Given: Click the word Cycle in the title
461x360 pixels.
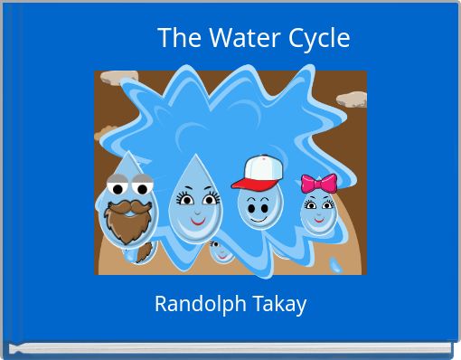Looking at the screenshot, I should click(319, 38).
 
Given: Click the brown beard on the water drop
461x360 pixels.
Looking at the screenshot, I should click(128, 222).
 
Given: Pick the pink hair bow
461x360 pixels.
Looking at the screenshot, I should click(318, 184).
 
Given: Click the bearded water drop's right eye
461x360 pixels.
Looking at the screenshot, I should click(141, 188).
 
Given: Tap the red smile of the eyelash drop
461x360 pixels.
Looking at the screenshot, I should click(197, 218).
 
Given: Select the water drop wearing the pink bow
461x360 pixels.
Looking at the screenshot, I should click(317, 213).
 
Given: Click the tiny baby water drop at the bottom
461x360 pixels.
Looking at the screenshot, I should click(221, 251).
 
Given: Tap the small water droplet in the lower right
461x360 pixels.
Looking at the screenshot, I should click(337, 265).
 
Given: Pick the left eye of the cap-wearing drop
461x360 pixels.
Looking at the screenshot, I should click(249, 202).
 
